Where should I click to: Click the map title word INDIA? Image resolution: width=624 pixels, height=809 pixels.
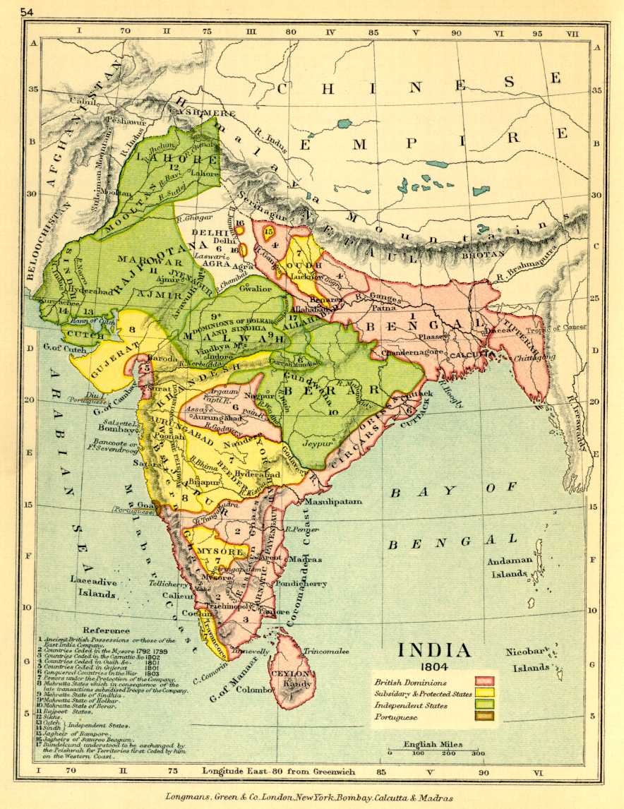point(433,650)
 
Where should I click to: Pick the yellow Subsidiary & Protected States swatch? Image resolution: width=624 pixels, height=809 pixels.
point(484,694)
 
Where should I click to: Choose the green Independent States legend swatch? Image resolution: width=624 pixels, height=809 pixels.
point(484,705)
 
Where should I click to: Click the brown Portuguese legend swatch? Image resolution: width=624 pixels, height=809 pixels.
point(484,717)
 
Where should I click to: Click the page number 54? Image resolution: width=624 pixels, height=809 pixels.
point(29,11)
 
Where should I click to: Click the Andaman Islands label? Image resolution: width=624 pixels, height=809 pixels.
point(507,568)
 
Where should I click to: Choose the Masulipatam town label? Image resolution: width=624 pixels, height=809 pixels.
point(333,501)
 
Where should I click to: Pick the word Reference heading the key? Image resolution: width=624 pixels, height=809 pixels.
point(106,630)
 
